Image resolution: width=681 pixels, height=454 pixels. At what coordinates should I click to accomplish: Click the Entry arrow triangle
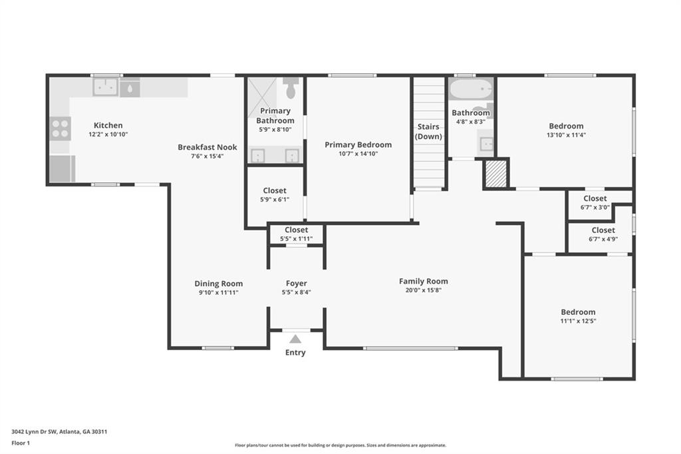tap(295, 339)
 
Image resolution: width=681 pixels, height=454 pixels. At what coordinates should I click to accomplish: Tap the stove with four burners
tap(61, 127)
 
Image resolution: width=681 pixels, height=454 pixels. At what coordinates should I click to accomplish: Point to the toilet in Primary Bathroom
tap(291, 88)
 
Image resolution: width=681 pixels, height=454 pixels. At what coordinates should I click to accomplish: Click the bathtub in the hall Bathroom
tap(471, 89)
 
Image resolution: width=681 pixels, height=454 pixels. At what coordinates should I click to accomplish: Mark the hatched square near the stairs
tap(495, 173)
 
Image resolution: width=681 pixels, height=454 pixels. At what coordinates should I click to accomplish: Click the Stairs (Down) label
tap(429, 131)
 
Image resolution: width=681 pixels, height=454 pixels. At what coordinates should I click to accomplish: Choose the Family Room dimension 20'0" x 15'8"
tap(423, 290)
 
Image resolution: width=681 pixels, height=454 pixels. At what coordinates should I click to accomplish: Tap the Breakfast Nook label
tap(207, 147)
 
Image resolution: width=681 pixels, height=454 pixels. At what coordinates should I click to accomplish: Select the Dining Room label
tap(218, 284)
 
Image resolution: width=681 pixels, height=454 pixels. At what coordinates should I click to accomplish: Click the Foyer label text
tap(296, 284)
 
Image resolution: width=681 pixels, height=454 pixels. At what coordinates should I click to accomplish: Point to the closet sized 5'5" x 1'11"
tap(296, 234)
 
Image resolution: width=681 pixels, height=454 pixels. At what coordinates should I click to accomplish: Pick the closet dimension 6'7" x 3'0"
tap(595, 207)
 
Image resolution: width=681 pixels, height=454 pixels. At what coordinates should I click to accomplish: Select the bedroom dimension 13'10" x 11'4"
tap(566, 134)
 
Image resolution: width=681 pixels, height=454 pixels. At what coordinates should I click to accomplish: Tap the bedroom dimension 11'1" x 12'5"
tap(578, 320)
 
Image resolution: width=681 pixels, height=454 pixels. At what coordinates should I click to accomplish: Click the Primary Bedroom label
tap(358, 144)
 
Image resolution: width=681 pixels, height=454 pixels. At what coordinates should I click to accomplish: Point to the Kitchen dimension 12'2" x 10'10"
tap(108, 134)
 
